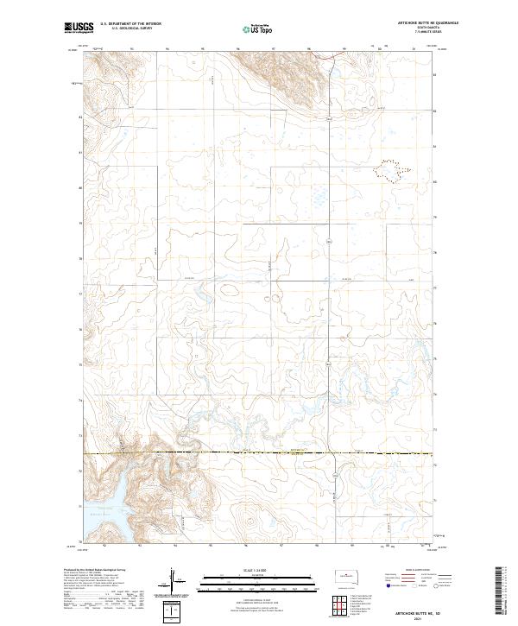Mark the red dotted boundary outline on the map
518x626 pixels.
(x=388, y=170)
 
